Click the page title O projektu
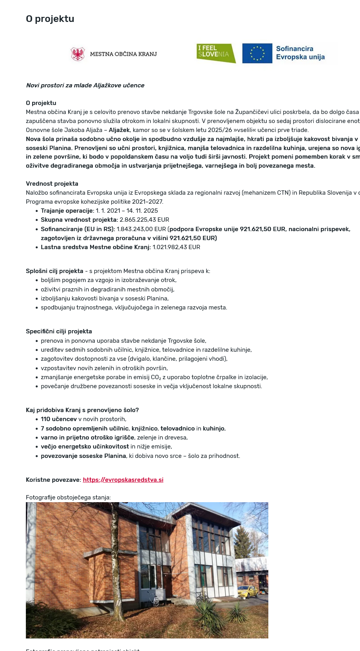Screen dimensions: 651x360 (50, 19)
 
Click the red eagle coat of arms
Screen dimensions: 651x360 (78, 54)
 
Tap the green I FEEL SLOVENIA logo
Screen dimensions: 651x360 (215, 53)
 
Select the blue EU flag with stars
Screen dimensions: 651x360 (257, 53)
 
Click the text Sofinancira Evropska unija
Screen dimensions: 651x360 (300, 53)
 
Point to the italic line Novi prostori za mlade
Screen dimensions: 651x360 (85, 85)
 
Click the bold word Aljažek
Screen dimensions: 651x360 (119, 130)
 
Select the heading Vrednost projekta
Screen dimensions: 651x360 (52, 184)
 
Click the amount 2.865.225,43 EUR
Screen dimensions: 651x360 (145, 220)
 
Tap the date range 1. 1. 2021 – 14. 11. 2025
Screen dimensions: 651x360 (127, 211)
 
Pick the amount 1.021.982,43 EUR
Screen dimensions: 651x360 (176, 247)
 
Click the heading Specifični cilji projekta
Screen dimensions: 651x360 (59, 331)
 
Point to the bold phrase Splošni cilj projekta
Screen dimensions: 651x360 (54, 271)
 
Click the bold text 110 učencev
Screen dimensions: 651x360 (59, 419)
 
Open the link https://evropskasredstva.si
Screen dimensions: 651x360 (123, 480)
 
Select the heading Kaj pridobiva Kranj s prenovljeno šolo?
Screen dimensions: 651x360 (82, 410)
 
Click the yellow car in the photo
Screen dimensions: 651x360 (248, 591)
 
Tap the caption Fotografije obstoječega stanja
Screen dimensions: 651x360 (68, 497)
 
